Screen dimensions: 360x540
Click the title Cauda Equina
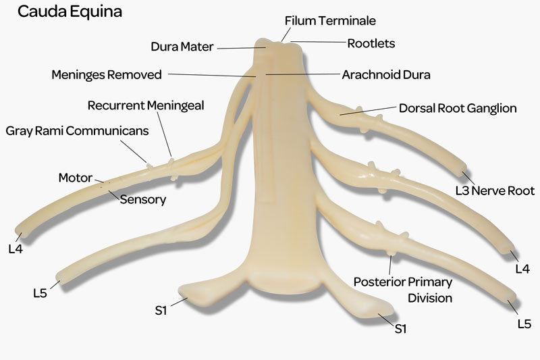pyautogui.click(x=70, y=12)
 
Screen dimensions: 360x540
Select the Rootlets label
pyautogui.click(x=371, y=43)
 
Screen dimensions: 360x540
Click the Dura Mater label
pyautogui.click(x=182, y=47)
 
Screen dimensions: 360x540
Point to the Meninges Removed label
pyautogui.click(x=107, y=75)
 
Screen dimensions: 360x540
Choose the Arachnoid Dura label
pyautogui.click(x=386, y=74)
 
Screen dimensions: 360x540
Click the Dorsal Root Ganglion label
pyautogui.click(x=458, y=108)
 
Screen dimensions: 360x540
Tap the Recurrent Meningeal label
pyautogui.click(x=145, y=105)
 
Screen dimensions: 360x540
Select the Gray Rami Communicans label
pyautogui.click(x=77, y=131)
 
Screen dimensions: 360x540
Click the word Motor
pyautogui.click(x=75, y=178)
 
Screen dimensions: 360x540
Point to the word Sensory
pyautogui.click(x=142, y=199)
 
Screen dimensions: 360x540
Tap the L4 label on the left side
pyautogui.click(x=15, y=249)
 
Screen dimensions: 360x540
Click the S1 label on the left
pyautogui.click(x=160, y=311)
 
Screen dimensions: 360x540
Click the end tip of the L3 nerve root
pyautogui.click(x=462, y=169)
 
